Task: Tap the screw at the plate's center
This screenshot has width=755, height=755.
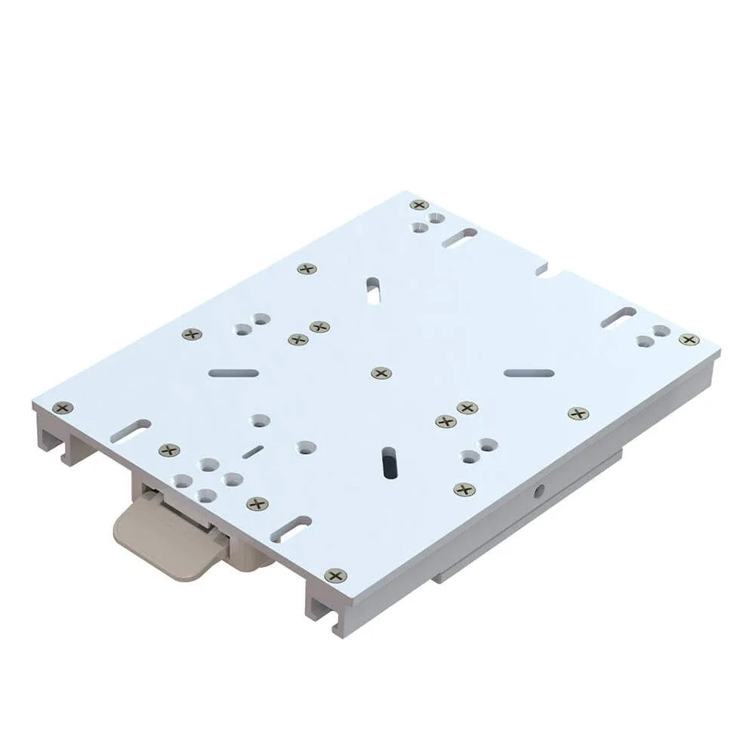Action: pos(381,373)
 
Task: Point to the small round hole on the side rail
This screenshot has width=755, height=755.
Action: pos(538,491)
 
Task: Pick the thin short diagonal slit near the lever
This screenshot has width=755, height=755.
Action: pos(253,451)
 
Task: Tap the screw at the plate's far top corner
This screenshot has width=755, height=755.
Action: pos(419,205)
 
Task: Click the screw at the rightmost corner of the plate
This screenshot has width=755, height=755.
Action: pos(689,340)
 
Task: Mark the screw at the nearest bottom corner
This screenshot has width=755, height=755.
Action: pos(333,576)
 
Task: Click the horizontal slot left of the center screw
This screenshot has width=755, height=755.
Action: pos(233,373)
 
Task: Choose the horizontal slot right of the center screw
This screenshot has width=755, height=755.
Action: pos(528,372)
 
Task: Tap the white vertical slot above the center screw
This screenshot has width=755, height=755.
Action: pos(373,291)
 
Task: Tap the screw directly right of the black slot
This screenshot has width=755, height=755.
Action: pos(464,489)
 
